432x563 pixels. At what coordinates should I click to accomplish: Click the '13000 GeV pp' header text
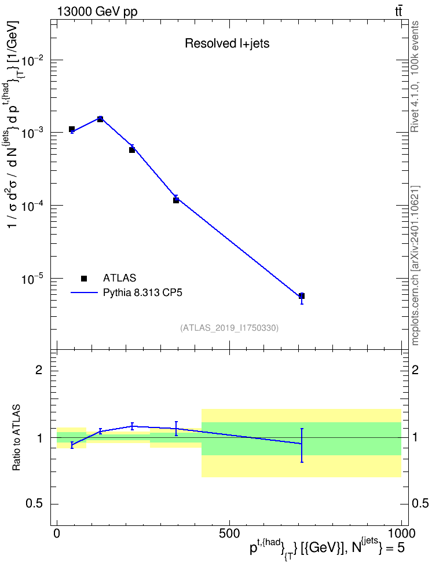(97, 12)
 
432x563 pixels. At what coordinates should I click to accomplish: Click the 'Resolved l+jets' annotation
(227, 43)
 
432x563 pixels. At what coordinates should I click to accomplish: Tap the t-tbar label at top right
(398, 12)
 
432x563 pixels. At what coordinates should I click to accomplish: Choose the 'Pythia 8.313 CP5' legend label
(142, 293)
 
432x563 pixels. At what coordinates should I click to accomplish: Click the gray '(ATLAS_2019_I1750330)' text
(229, 327)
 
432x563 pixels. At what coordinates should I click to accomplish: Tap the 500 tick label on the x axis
(229, 533)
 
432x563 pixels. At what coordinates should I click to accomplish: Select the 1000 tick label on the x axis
(401, 533)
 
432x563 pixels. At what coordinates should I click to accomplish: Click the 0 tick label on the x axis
(57, 533)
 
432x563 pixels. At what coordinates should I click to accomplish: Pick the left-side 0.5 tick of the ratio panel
(34, 504)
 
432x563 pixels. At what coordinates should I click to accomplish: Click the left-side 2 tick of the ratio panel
(39, 370)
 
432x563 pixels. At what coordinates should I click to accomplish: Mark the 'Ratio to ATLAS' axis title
(17, 438)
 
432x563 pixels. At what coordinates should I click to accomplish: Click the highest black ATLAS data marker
(100, 119)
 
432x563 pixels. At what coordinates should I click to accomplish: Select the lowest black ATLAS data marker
(302, 296)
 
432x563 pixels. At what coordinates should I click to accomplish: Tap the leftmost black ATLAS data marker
(72, 129)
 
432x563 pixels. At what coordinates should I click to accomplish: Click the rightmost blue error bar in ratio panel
(302, 445)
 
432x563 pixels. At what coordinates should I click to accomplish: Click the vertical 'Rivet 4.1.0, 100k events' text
(415, 76)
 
